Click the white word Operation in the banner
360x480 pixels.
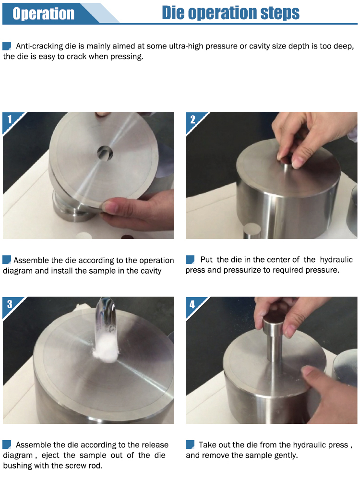44,14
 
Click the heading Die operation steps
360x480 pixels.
230,13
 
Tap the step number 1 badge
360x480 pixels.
10,119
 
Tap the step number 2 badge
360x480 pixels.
192,119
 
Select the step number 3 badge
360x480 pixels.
10,304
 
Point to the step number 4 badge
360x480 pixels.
192,304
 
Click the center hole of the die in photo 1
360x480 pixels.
105,153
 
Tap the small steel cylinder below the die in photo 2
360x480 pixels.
252,231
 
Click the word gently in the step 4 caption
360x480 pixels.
286,456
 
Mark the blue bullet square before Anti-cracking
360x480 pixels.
7,46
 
